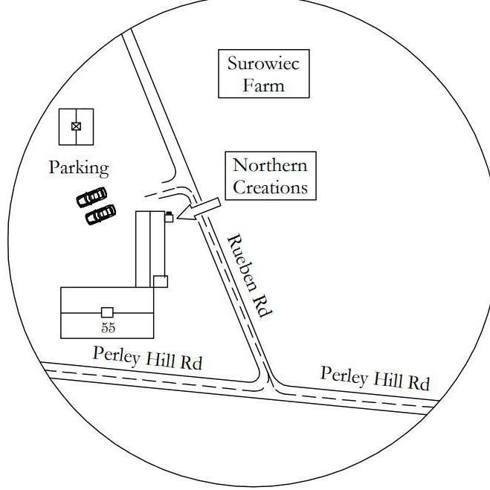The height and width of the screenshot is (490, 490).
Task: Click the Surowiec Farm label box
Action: tap(263, 74)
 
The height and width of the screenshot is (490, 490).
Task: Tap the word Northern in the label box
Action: tap(270, 165)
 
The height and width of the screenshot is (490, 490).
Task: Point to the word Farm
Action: tap(264, 85)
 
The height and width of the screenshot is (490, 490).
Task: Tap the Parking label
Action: tap(79, 168)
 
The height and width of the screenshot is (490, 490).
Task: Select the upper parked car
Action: tap(91, 198)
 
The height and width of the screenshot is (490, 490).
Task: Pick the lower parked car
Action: tap(100, 214)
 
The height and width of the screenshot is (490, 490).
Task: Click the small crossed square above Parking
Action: tap(76, 126)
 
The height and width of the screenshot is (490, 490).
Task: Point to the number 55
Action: tap(108, 327)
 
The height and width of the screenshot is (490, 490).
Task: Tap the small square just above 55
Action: tap(108, 312)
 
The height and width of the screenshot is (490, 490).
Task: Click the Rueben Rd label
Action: tap(247, 276)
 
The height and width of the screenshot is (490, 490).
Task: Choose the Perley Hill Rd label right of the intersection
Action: tap(375, 378)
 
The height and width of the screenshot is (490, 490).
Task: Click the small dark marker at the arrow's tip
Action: tap(170, 216)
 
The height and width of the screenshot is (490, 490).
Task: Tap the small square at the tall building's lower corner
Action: tap(160, 281)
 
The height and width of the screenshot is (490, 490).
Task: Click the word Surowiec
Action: tap(263, 63)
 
